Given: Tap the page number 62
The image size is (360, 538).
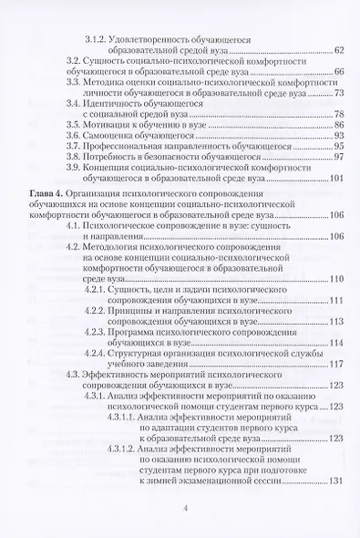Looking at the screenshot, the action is click(x=338, y=49).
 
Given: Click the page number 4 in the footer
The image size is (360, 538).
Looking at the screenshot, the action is click(x=186, y=509).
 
